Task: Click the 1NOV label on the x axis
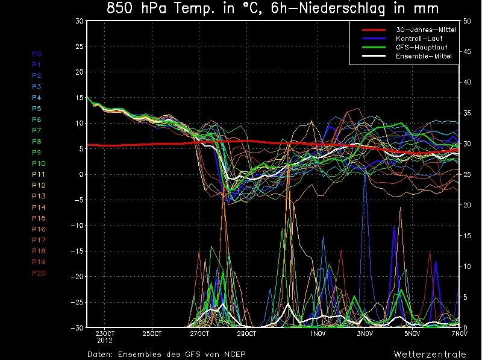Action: coord(318,333)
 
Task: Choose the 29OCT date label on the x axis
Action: coord(246,333)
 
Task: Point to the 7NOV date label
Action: coord(459,333)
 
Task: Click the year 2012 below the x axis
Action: coord(104,341)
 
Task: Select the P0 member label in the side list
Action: coord(37,54)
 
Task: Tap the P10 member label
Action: coord(39,163)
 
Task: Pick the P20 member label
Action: coord(39,273)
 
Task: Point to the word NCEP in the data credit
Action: coord(234,353)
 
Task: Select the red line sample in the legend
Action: coord(373,29)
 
